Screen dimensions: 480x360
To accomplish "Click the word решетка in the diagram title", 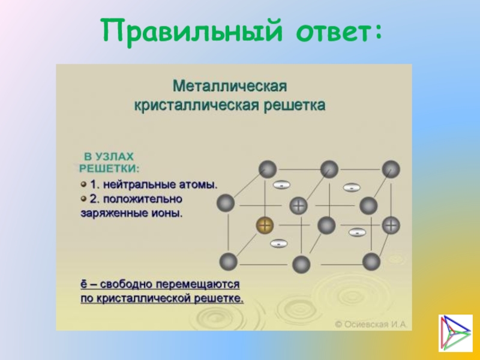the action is point(294,105).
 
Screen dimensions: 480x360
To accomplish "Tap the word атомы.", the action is point(200,182).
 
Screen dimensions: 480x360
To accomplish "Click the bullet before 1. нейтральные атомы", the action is point(84,181).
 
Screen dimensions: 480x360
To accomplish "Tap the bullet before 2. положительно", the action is point(84,197).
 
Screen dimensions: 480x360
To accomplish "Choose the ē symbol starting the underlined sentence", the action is point(85,282).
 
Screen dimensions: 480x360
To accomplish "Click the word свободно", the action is point(123,282).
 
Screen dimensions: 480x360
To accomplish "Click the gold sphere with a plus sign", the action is point(265,226).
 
